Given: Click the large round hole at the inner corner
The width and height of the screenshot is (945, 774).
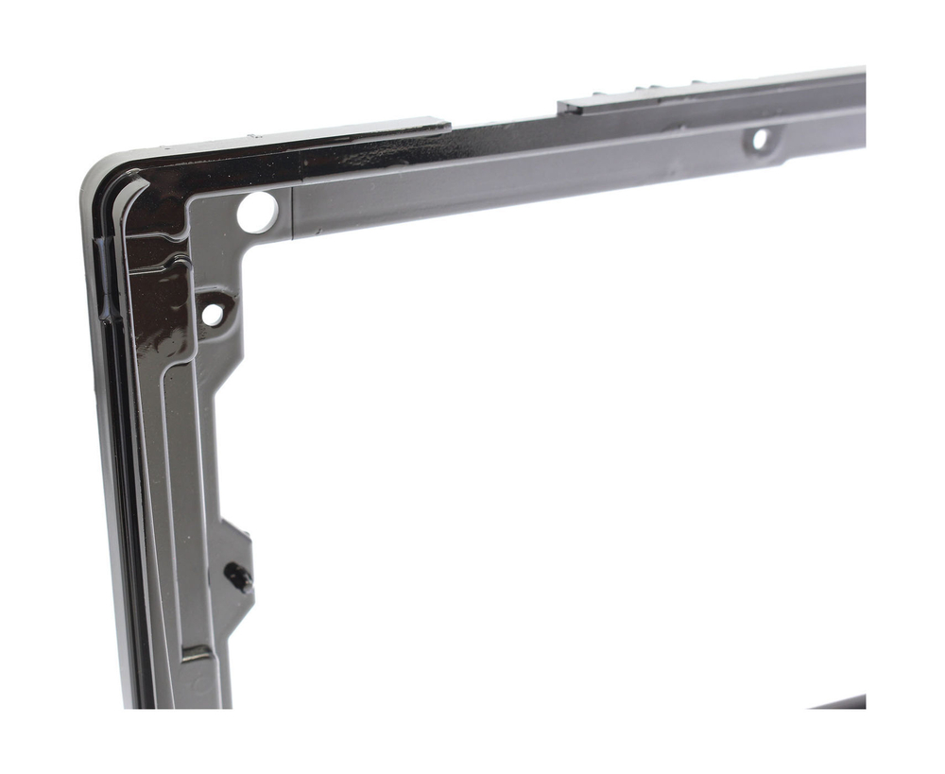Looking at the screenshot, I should pos(257,212).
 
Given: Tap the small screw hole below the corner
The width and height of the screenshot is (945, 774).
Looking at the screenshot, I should pos(213,314).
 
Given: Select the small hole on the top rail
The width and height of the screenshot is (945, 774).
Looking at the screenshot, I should pos(759,140).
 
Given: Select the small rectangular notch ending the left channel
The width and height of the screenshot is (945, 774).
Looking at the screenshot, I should pos(196,652).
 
